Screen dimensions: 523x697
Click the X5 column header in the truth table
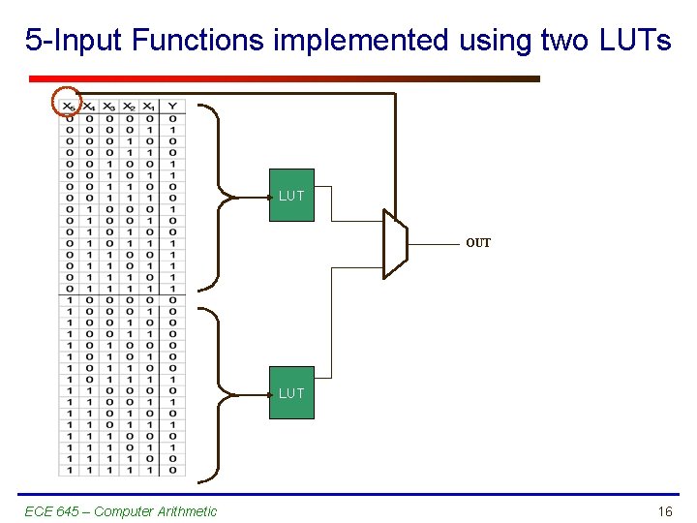click(68, 106)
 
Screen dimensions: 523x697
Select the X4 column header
click(88, 106)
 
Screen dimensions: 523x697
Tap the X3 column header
click(108, 106)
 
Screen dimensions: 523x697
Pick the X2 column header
click(129, 106)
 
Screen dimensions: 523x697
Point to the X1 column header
click(148, 106)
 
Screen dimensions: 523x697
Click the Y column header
click(171, 106)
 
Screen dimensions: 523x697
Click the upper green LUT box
click(291, 196)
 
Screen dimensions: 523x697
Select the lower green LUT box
click(291, 393)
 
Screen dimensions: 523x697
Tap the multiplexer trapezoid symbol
click(396, 243)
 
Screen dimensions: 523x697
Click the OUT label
click(478, 243)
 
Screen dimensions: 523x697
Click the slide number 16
click(664, 511)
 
